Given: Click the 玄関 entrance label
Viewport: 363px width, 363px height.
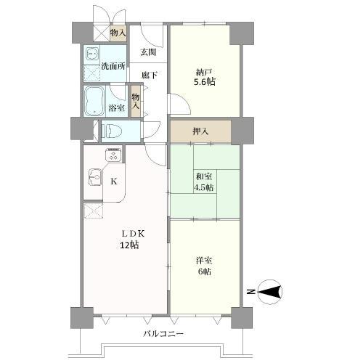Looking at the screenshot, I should coord(147,52).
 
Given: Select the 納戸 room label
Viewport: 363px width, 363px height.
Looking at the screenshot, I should coord(203,72).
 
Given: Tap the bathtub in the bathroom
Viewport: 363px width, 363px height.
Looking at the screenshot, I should coord(94,102).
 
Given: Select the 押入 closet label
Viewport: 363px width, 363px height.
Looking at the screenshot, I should coord(201,132).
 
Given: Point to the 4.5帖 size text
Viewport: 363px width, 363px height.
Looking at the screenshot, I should coord(203,187).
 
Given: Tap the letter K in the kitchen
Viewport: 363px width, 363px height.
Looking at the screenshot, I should coord(113,181).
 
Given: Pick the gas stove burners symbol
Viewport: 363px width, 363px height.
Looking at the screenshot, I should coord(115,155).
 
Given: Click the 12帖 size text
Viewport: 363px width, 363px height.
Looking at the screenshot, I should coord(131,245).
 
